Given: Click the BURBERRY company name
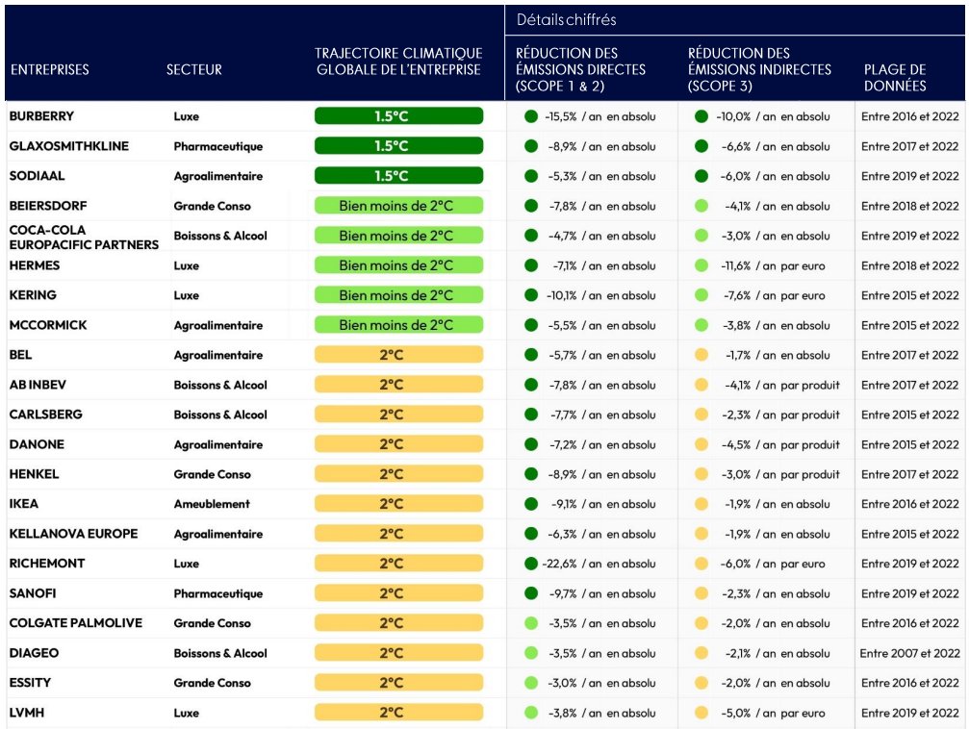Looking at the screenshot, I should [41, 116].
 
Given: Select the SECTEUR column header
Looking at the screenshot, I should [193, 69].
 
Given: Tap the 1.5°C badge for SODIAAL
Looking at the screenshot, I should [398, 176].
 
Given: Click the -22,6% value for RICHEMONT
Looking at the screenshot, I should [560, 564].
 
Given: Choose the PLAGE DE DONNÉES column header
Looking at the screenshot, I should [895, 77].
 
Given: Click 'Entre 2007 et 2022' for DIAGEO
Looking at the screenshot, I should [909, 653].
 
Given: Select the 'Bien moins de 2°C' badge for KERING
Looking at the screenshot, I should [398, 295].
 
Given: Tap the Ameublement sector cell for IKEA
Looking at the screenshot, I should [211, 504].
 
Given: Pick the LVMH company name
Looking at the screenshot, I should [26, 713].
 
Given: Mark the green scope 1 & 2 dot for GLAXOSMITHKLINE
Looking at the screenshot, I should [530, 146].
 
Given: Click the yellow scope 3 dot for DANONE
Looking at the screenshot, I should [701, 444].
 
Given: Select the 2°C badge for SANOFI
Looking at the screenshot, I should [398, 593].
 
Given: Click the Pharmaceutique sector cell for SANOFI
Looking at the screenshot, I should [217, 593].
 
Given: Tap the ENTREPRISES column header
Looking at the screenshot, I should [50, 69].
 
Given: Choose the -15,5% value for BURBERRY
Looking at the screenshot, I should [560, 116].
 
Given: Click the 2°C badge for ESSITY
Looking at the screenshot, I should [398, 683].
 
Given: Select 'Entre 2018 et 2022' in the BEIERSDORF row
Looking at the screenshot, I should [909, 206].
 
